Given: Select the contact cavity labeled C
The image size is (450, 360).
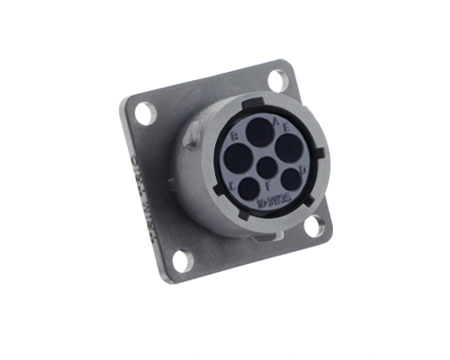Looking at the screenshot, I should pos(249,188).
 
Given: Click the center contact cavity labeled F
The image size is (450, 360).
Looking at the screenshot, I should pos(266,167).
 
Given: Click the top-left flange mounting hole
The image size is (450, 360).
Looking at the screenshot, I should pos(145,112).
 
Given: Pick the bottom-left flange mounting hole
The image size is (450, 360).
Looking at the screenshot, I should pos(182,262).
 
